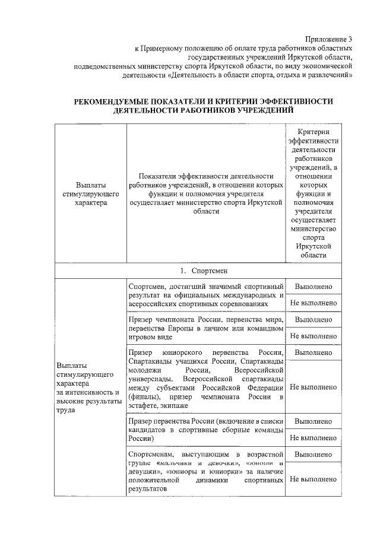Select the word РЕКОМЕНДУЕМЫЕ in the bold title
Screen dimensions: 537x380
tap(118, 101)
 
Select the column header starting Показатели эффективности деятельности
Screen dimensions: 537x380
tap(206, 193)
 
